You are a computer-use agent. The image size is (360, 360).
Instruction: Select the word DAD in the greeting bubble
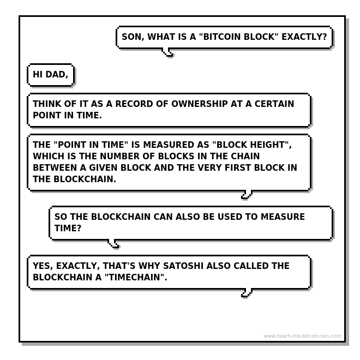pos(56,75)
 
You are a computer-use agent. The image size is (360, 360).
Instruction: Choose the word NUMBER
pos(120,156)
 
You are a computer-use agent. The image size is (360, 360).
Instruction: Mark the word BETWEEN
pos(55,167)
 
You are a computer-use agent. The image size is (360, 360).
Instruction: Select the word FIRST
pos(238,167)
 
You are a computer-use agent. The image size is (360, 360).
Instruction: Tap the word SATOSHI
pos(183,266)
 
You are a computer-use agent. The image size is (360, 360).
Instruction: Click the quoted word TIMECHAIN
pos(134,277)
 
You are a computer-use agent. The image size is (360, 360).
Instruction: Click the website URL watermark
pos(302,336)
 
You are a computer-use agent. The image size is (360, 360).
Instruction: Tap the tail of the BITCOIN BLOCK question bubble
pos(167,52)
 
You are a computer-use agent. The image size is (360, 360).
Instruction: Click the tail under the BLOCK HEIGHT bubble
pos(247,195)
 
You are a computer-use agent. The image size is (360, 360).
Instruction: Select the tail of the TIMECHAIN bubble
pos(247,293)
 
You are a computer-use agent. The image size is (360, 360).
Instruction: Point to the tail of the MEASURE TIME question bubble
pos(113,244)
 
